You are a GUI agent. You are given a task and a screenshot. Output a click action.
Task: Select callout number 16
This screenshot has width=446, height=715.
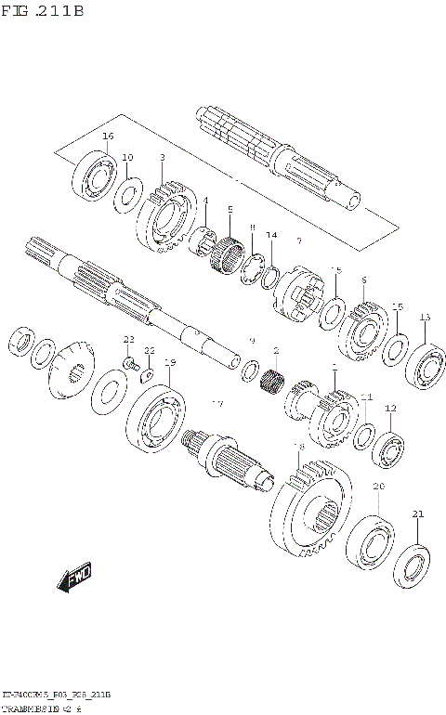click(x=108, y=136)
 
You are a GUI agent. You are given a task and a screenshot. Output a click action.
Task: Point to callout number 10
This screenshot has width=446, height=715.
click(x=127, y=157)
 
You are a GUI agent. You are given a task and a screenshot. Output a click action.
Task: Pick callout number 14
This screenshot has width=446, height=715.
click(x=271, y=235)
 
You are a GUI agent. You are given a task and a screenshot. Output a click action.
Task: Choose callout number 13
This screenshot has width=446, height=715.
click(x=425, y=318)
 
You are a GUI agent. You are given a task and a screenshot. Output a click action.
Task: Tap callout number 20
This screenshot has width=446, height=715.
click(x=378, y=487)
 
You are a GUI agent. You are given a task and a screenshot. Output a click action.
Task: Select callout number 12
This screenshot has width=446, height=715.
click(x=390, y=408)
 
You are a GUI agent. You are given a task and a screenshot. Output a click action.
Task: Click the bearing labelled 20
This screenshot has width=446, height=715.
click(x=371, y=540)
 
